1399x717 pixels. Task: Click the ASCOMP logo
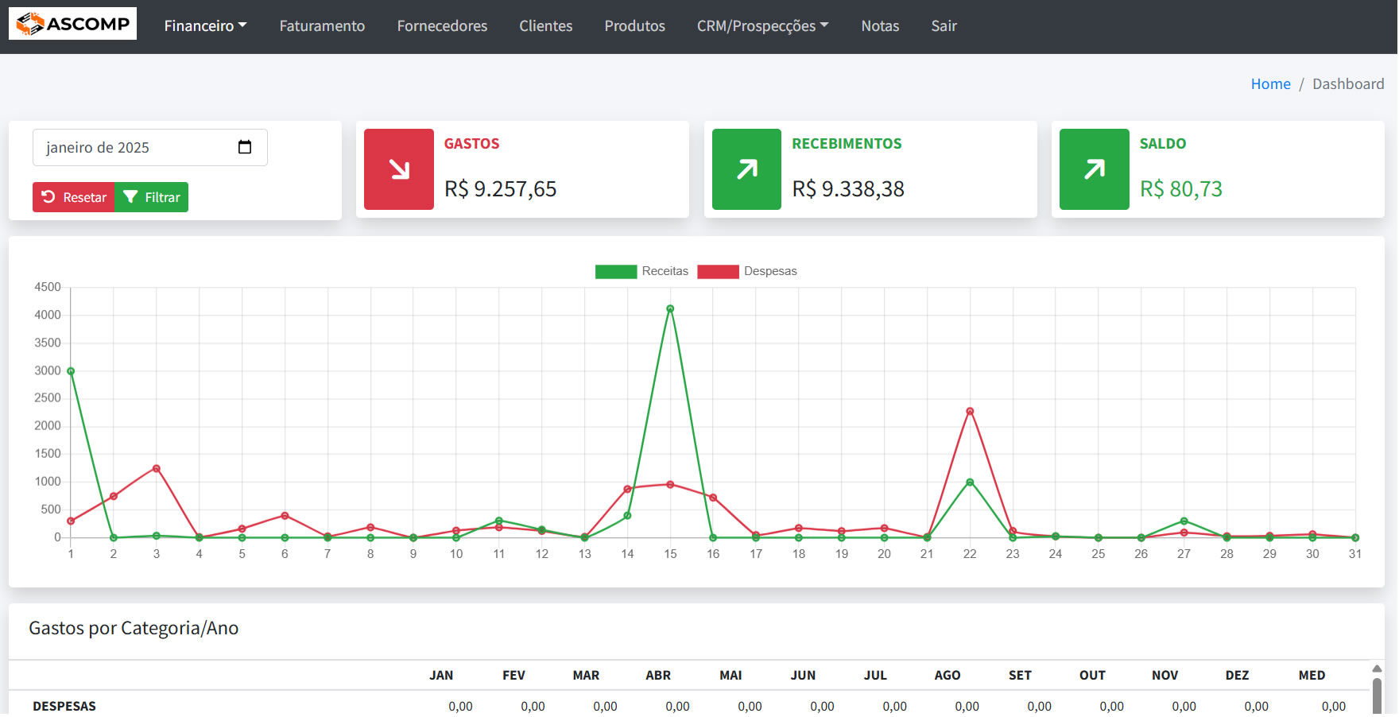(72, 24)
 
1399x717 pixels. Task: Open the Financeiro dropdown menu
(205, 26)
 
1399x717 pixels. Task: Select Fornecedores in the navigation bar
(442, 26)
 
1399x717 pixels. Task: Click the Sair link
(944, 26)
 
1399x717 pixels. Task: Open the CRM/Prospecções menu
(762, 26)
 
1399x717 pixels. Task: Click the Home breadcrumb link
(1270, 84)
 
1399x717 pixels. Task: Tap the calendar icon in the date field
(245, 147)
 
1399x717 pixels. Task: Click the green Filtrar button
(152, 197)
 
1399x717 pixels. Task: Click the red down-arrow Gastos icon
(399, 169)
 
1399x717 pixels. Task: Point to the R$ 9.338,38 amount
(848, 189)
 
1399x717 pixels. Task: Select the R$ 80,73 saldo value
(1180, 189)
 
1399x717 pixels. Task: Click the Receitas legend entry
(641, 271)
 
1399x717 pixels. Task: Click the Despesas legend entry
(746, 271)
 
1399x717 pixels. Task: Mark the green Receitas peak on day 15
(670, 309)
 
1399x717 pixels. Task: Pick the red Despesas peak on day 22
(970, 412)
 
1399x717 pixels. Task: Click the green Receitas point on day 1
(71, 371)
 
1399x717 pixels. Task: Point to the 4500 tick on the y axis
(48, 287)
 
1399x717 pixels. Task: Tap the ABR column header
(658, 676)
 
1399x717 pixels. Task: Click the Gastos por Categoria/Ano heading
(134, 629)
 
